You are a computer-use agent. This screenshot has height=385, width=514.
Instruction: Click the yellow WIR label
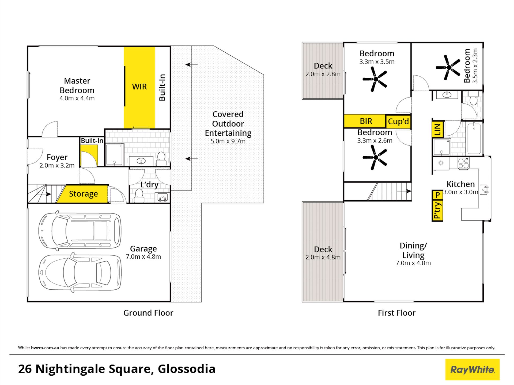139,87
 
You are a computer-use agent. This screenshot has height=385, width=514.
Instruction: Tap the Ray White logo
472,369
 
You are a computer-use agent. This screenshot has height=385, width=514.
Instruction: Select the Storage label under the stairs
83,194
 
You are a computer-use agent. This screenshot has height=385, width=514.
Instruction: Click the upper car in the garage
80,231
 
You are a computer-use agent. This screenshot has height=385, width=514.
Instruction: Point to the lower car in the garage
80,273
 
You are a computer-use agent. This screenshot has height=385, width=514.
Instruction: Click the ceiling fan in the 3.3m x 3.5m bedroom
375,79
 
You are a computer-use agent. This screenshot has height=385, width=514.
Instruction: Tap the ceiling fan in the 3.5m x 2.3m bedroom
448,68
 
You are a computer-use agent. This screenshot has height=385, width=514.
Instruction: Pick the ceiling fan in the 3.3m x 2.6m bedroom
375,157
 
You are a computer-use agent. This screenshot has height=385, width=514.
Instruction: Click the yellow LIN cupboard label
437,130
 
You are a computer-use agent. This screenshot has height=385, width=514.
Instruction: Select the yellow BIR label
366,121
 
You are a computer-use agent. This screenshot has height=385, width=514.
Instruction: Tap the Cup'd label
398,121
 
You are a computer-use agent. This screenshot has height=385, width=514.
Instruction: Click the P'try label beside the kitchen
437,211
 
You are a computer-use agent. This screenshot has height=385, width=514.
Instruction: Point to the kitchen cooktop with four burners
463,163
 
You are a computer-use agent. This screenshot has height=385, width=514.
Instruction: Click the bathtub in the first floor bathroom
474,138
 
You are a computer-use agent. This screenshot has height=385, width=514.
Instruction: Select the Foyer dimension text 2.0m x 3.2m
57,165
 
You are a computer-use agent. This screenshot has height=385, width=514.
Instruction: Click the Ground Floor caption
148,313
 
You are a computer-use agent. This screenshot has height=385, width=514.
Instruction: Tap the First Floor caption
396,313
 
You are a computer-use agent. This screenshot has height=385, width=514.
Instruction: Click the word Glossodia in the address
187,369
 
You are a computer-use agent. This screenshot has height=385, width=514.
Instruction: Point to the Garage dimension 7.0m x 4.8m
143,256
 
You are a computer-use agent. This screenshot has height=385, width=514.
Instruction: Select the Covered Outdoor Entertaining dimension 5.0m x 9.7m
228,141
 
